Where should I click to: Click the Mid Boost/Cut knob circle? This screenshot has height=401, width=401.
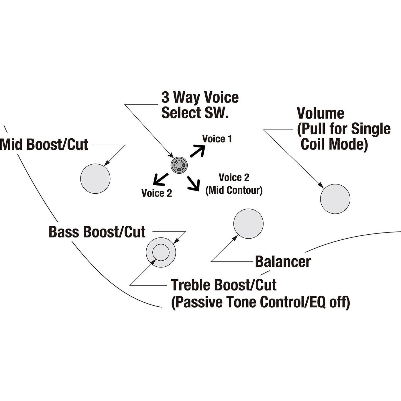click(95, 178)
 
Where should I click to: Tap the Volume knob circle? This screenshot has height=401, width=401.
click(335, 199)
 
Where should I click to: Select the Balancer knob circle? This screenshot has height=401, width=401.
click(248, 224)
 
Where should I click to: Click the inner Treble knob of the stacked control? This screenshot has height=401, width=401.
click(161, 252)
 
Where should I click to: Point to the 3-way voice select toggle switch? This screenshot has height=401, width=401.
click(179, 165)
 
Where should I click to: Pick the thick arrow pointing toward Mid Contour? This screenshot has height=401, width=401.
click(193, 184)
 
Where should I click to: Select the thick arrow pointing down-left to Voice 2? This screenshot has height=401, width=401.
click(161, 179)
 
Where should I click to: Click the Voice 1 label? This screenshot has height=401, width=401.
click(217, 139)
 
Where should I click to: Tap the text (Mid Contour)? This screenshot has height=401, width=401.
click(234, 190)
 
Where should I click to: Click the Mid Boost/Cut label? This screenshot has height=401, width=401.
click(44, 145)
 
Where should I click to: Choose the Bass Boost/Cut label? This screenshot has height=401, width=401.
click(97, 232)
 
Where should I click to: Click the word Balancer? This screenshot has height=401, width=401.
click(283, 262)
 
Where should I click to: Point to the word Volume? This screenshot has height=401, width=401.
click(321, 113)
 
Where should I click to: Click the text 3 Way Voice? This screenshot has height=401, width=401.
click(200, 97)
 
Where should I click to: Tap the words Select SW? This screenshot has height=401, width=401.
click(195, 113)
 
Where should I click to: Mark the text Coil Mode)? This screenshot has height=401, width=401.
click(334, 144)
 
